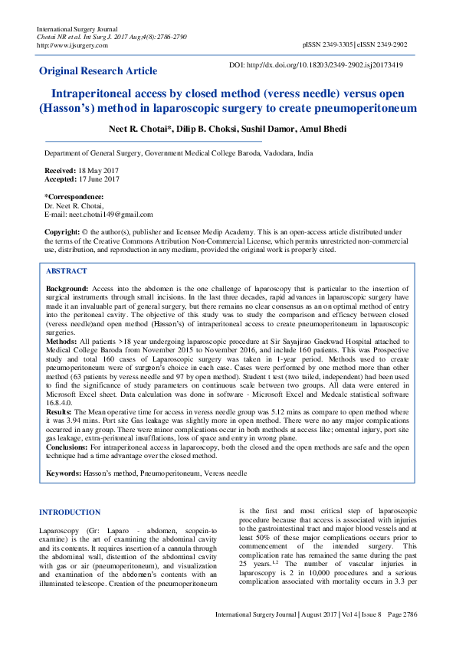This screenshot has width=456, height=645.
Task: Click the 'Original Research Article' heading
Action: click(98, 70)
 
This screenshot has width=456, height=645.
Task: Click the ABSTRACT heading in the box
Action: click(66, 271)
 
